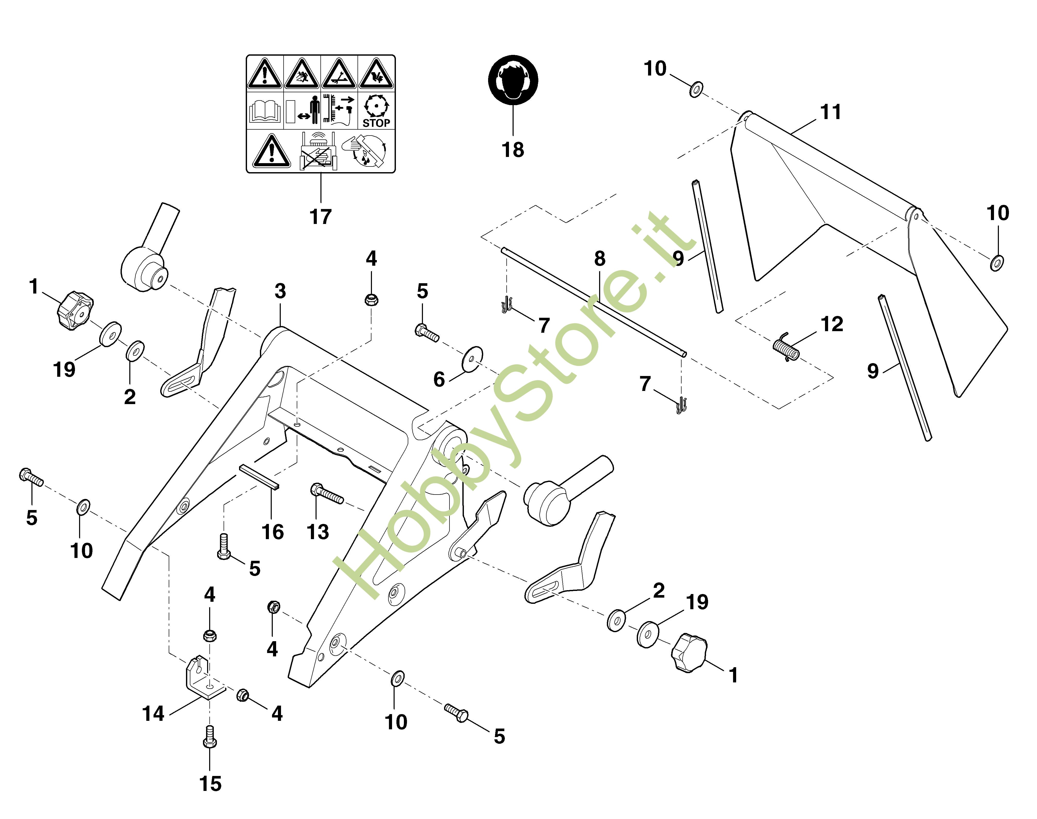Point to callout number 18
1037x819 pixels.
(513, 150)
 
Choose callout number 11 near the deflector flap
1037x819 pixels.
(831, 112)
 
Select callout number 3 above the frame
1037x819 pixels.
(280, 291)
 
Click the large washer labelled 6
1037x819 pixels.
(472, 359)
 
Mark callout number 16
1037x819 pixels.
(273, 532)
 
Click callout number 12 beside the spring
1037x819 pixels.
(832, 324)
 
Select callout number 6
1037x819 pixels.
(439, 379)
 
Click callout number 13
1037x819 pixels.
(318, 532)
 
